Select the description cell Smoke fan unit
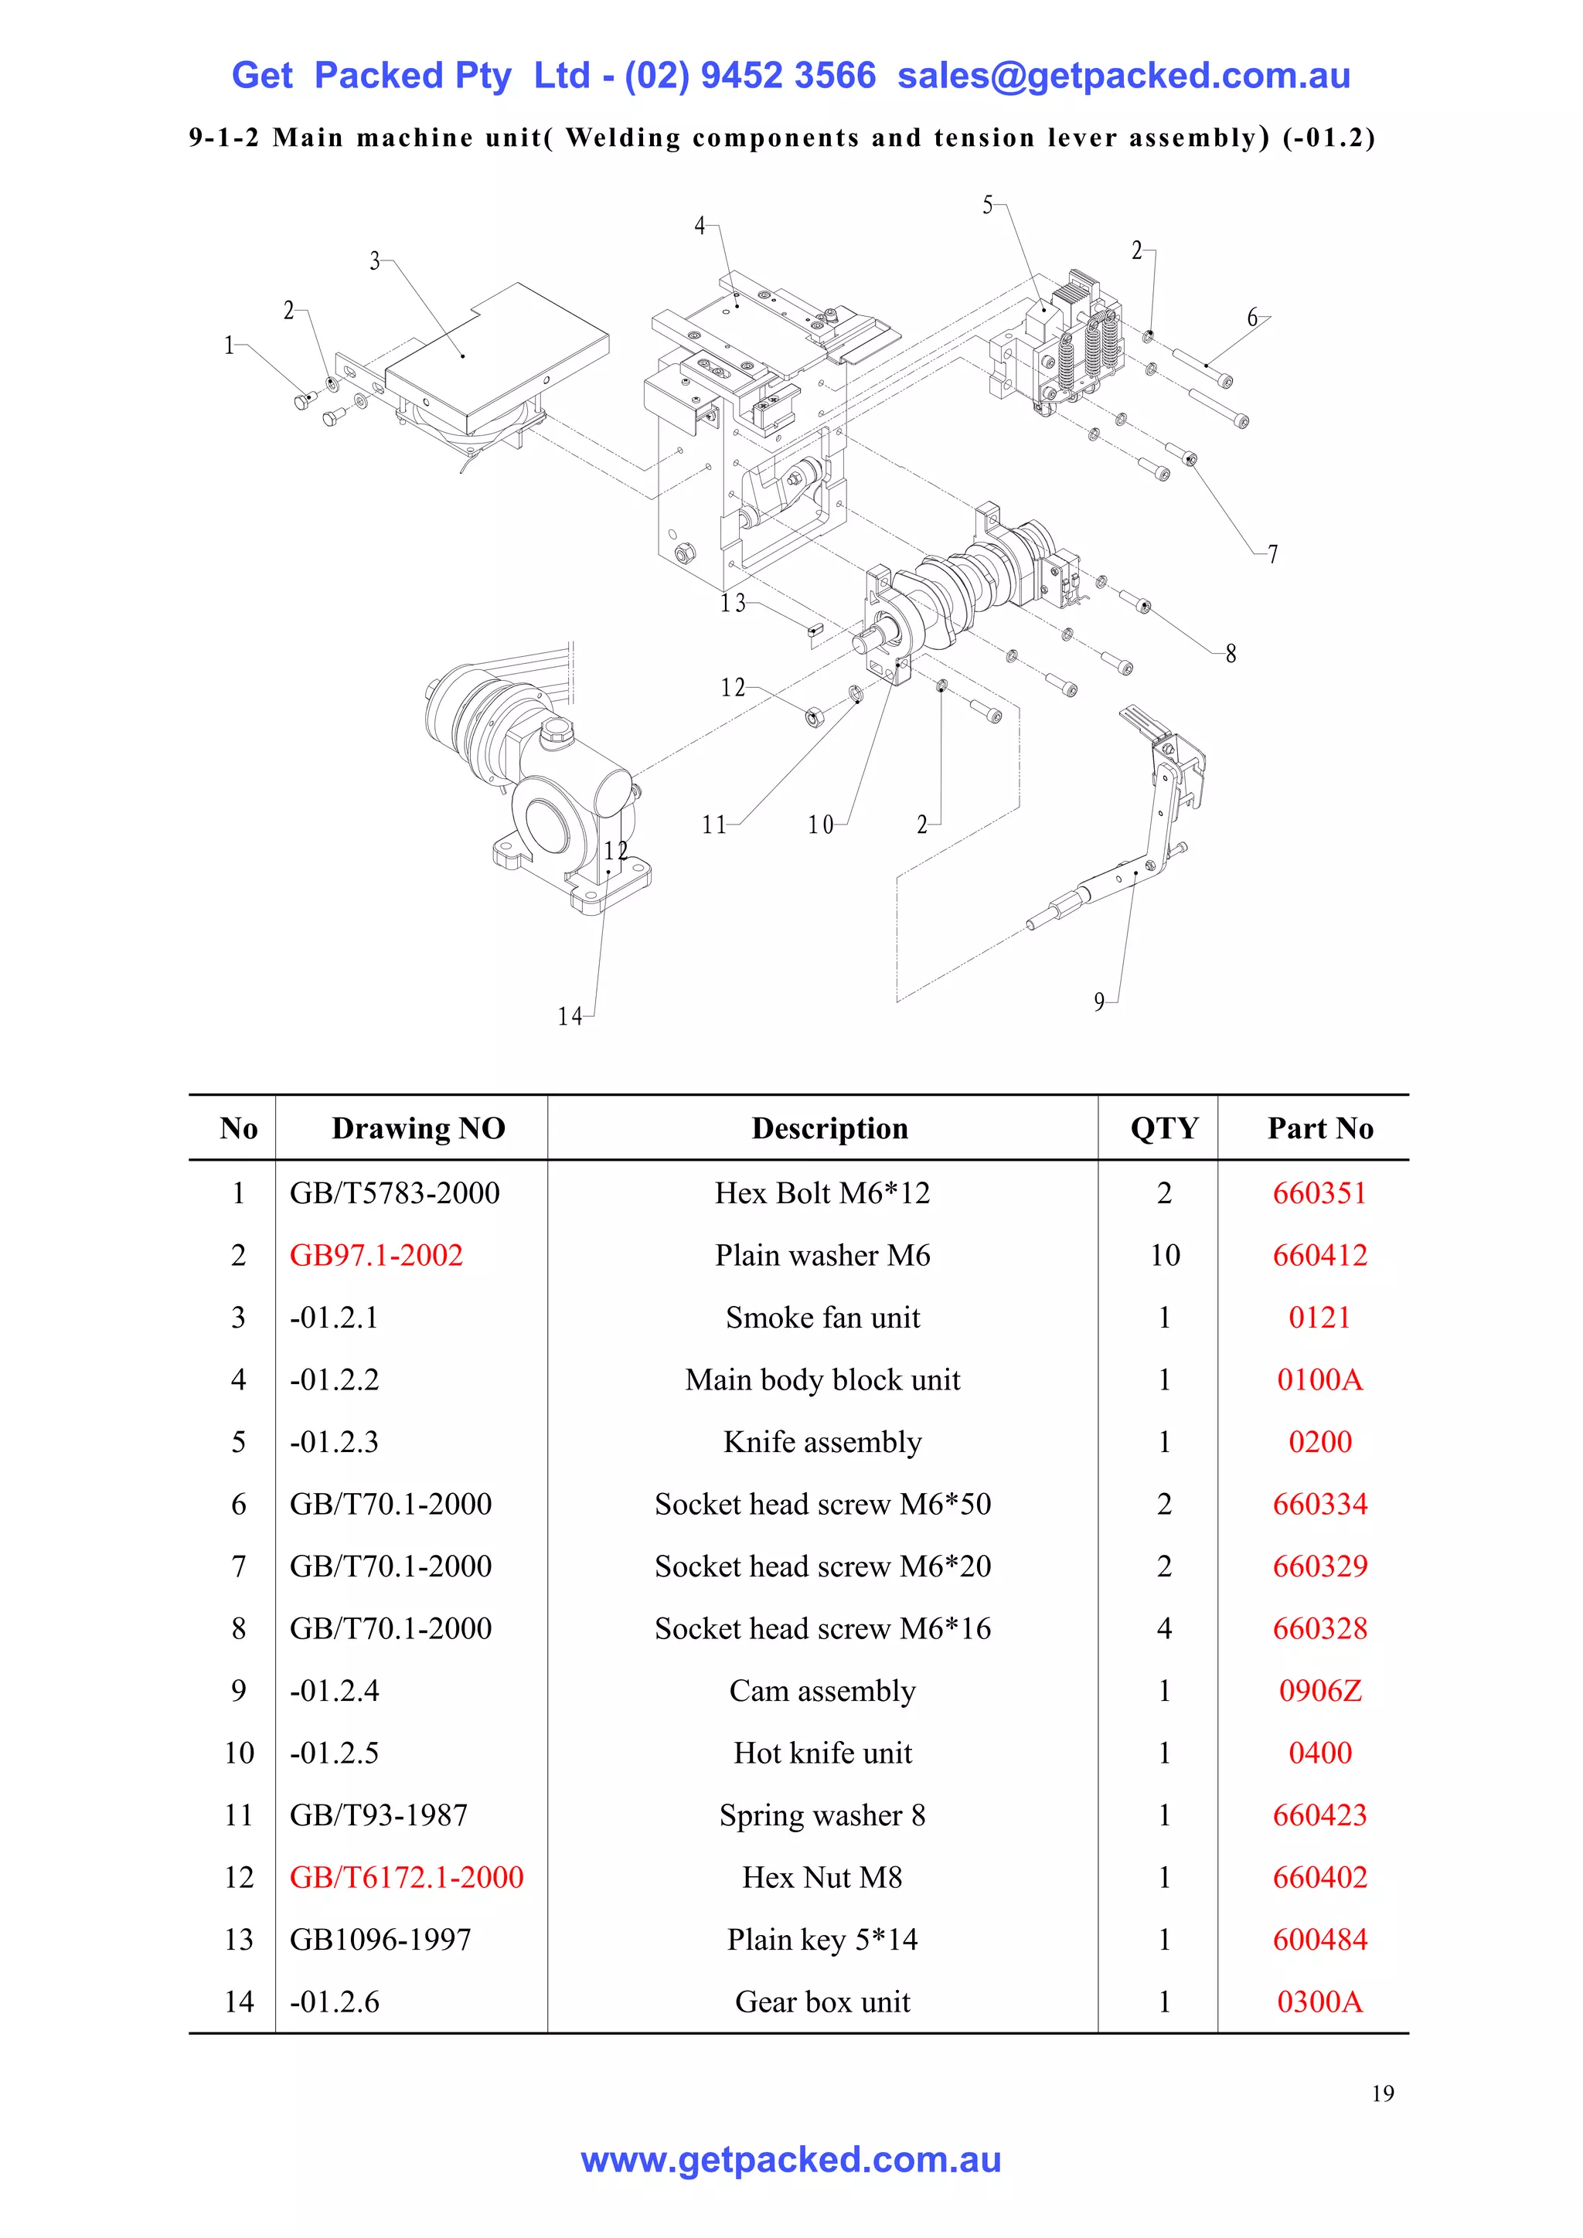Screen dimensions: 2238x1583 tap(822, 1318)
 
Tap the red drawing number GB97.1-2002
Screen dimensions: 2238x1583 tap(376, 1256)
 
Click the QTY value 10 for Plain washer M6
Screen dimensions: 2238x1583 tap(1164, 1256)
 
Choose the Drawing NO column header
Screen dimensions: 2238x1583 tap(417, 1129)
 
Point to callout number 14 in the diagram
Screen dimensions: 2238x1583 tap(569, 1017)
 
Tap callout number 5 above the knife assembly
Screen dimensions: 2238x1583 tap(987, 206)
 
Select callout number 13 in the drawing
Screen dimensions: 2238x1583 tap(733, 604)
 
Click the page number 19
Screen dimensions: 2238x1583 tap(1382, 2093)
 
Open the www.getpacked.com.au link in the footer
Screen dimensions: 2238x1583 tap(791, 2160)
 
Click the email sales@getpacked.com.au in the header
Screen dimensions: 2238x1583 tap(1123, 76)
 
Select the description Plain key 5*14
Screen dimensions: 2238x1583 tap(822, 1940)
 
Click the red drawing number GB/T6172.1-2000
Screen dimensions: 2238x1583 tap(406, 1877)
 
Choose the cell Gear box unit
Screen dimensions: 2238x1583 tap(822, 2002)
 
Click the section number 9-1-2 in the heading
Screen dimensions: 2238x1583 tap(223, 138)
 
